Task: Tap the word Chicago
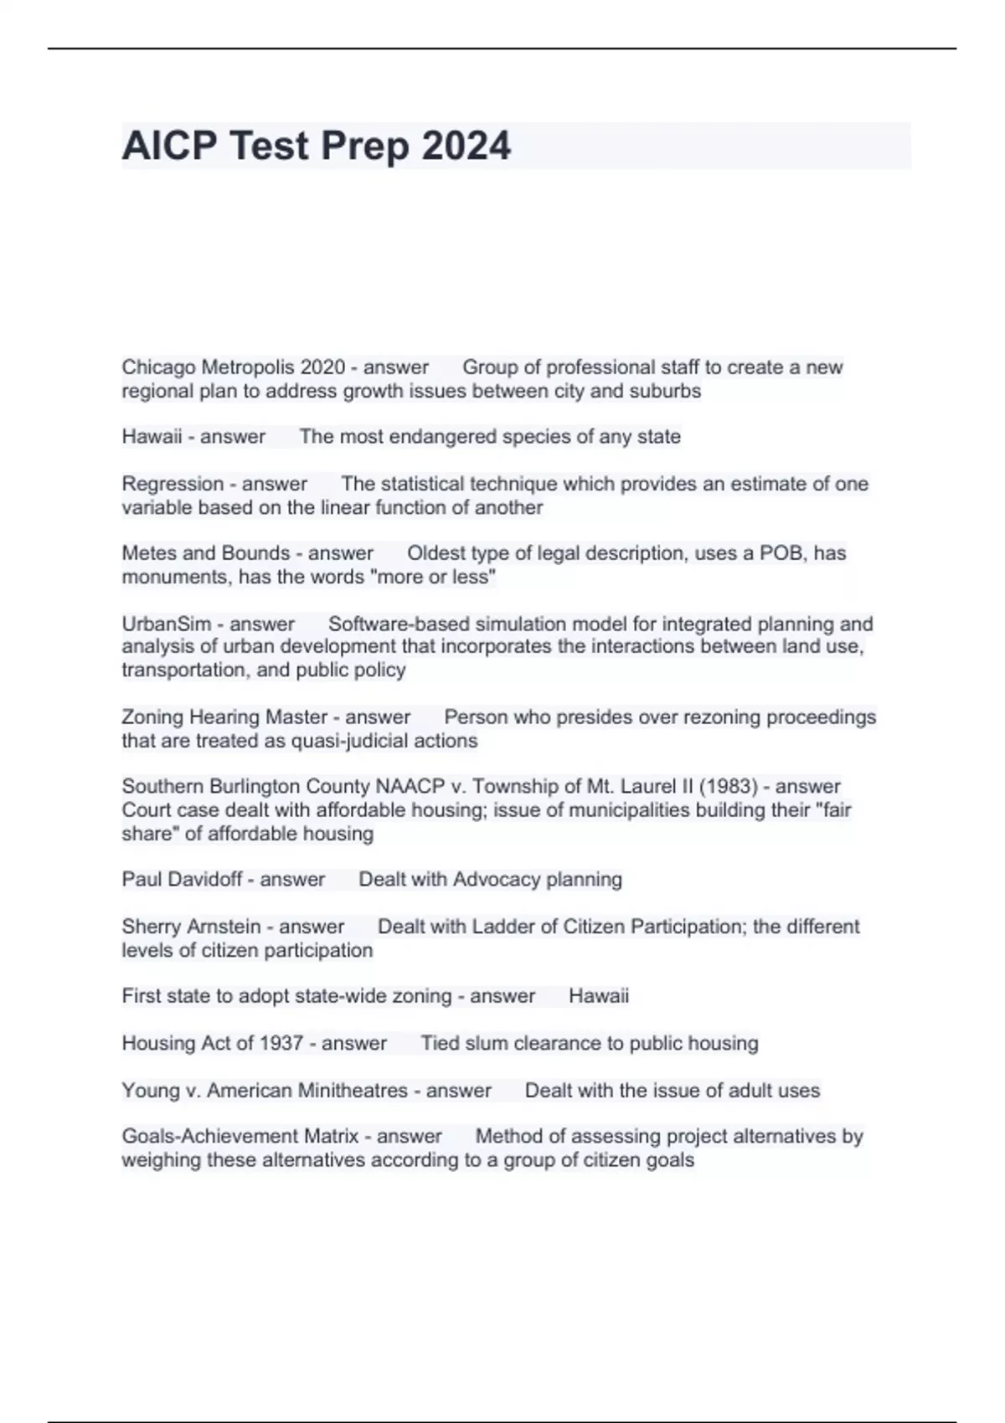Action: (x=158, y=367)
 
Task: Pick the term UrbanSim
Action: (x=166, y=624)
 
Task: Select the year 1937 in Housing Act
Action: (x=281, y=1044)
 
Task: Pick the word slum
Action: (x=487, y=1044)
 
